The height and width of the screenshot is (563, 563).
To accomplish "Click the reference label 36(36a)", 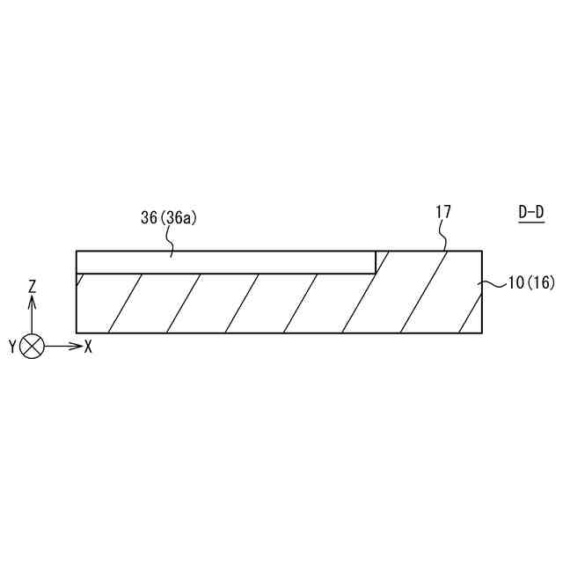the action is pyautogui.click(x=169, y=218).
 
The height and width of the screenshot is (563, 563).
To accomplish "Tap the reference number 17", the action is pyautogui.click(x=443, y=212).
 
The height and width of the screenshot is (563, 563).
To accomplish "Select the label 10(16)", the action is pyautogui.click(x=531, y=282).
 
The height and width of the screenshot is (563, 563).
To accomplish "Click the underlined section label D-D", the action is pyautogui.click(x=531, y=213).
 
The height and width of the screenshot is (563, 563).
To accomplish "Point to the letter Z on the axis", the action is pyautogui.click(x=33, y=288).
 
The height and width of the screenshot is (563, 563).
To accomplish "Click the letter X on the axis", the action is pyautogui.click(x=88, y=347).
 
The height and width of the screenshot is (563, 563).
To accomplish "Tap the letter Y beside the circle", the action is pyautogui.click(x=13, y=347).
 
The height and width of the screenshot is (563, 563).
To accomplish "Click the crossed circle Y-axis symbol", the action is pyautogui.click(x=32, y=347).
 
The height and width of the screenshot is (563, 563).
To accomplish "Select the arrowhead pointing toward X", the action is pyautogui.click(x=77, y=347).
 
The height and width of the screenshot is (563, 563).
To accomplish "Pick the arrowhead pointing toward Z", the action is pyautogui.click(x=32, y=303).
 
